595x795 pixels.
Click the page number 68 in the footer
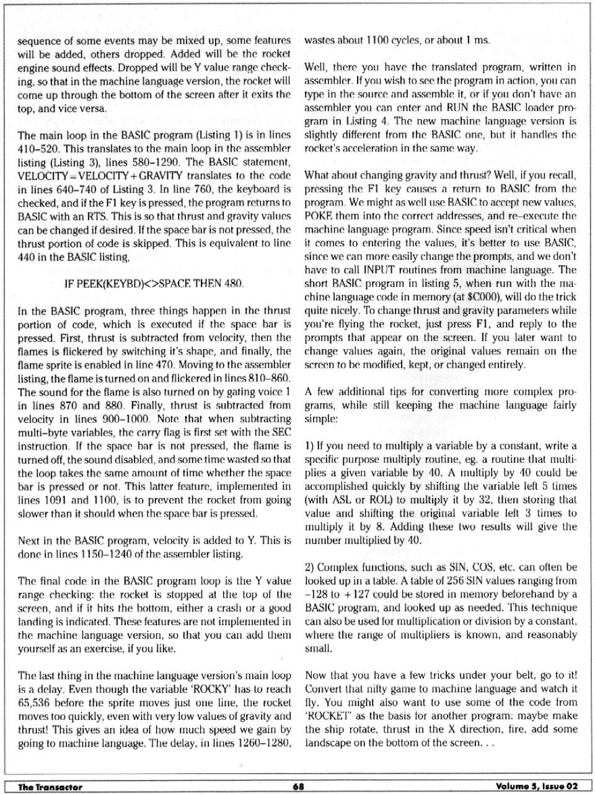point(299,786)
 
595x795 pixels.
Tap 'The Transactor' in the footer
point(50,787)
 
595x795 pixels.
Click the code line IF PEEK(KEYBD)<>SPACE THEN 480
point(154,283)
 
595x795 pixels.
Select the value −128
point(317,594)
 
